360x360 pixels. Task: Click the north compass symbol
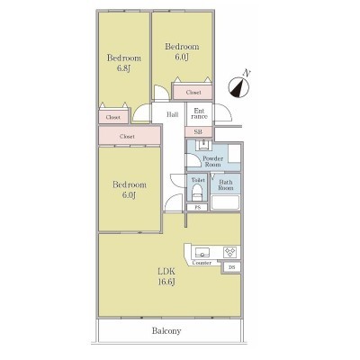[x=238, y=87]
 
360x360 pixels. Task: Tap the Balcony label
[x=166, y=331]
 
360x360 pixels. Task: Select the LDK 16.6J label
[x=166, y=276]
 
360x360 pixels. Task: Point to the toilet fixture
[x=197, y=193]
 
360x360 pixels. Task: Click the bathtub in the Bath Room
[x=225, y=202]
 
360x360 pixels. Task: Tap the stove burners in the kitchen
[x=230, y=252]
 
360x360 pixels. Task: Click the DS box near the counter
[x=231, y=267]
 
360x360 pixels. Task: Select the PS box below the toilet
[x=197, y=207]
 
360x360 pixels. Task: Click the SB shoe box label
[x=198, y=131]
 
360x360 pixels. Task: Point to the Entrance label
[x=199, y=113]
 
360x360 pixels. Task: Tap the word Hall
[x=173, y=114]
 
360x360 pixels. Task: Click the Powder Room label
[x=212, y=161]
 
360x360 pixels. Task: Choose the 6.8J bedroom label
[x=124, y=63]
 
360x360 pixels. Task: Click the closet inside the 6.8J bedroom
[x=113, y=117]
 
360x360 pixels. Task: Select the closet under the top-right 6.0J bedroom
[x=193, y=92]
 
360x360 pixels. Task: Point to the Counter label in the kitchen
[x=202, y=263]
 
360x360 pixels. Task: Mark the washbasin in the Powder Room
[x=203, y=146]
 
